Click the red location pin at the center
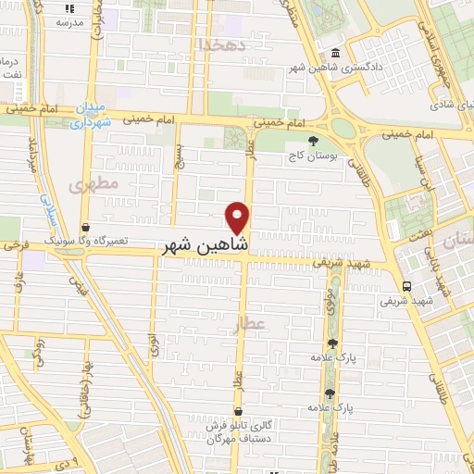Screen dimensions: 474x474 238,218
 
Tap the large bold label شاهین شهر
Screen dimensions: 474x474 206,245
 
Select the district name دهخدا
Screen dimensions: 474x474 222,44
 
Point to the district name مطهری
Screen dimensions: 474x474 94,184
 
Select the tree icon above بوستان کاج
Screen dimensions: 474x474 312,140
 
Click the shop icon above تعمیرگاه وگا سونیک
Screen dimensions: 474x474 85,226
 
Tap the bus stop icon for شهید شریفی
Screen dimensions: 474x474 406,285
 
